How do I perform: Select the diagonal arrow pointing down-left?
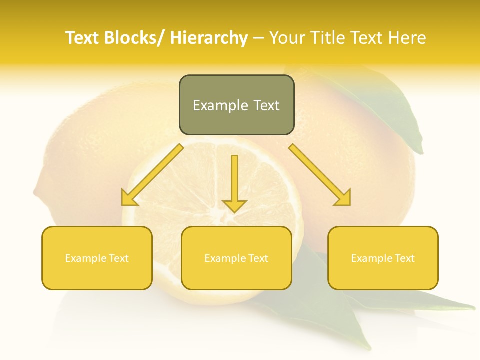[x=153, y=174]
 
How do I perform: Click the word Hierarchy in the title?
[x=208, y=38]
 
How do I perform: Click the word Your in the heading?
[x=287, y=38]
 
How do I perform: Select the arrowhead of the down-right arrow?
[x=343, y=198]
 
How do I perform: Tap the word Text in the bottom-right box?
[x=404, y=258]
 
